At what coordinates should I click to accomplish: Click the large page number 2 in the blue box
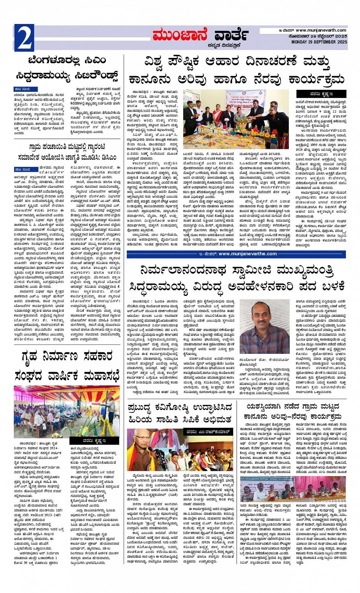(24, 38)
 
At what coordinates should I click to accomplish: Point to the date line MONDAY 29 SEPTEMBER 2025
(319, 42)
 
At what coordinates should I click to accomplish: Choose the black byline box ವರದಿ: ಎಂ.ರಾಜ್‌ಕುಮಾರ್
(209, 432)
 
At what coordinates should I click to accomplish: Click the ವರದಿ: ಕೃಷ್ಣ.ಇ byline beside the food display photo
(321, 94)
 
